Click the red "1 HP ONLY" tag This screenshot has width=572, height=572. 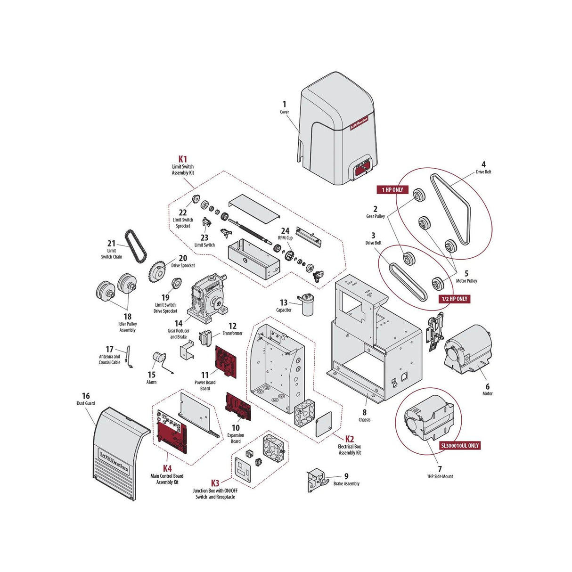point(392,190)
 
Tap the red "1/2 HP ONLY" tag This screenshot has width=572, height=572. point(455,299)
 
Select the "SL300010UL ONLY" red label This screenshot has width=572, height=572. point(460,445)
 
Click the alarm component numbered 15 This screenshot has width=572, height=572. point(158,360)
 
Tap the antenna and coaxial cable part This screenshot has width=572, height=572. point(129,357)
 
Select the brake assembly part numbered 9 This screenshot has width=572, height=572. point(315,481)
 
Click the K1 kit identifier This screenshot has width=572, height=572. point(182,159)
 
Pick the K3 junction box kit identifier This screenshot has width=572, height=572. point(215,483)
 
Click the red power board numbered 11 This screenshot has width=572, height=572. point(226,362)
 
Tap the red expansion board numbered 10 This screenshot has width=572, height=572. point(238,407)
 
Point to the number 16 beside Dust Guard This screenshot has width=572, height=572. point(86,396)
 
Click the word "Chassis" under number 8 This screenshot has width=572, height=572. point(364,419)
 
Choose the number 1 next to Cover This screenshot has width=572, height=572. point(284,104)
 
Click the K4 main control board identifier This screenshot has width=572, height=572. point(167,468)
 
